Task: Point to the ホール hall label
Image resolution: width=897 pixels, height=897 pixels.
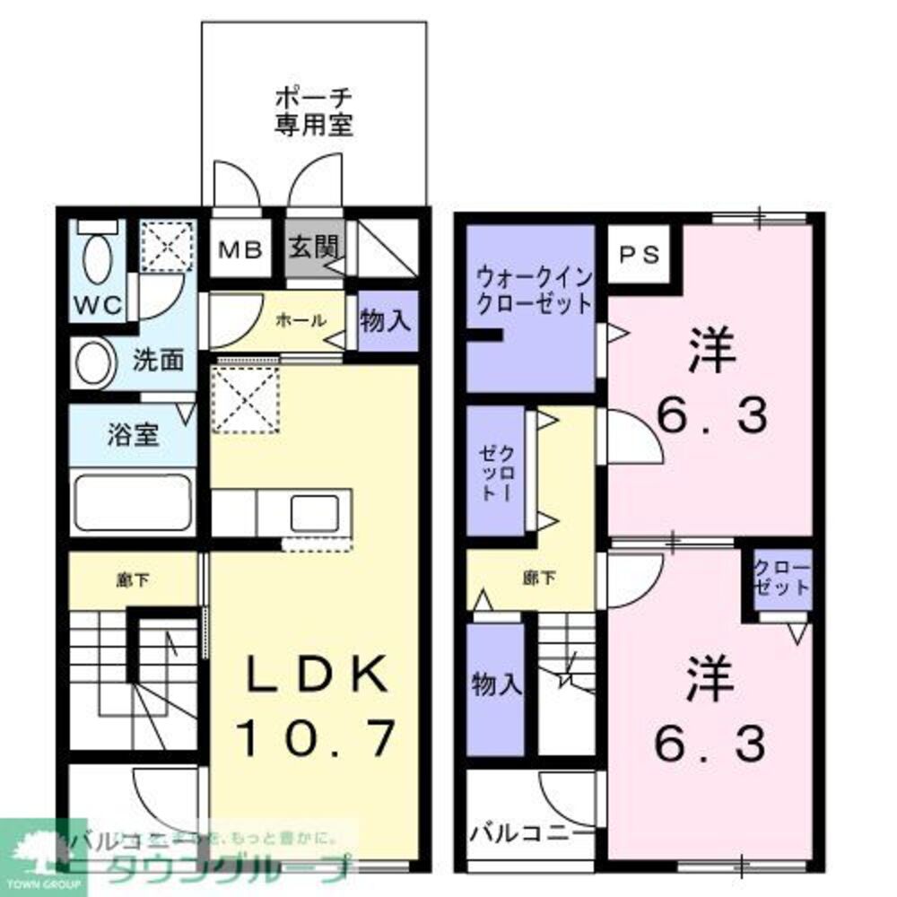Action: (294, 320)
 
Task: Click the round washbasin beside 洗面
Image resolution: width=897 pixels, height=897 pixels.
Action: (91, 362)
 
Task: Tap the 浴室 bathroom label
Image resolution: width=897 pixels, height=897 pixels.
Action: (134, 436)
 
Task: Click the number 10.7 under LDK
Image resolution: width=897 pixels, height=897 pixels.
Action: (315, 739)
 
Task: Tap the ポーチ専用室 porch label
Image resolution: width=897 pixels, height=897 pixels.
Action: (313, 109)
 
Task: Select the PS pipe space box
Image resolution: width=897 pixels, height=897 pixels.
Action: (640, 254)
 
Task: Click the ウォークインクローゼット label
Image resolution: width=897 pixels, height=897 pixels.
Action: (534, 289)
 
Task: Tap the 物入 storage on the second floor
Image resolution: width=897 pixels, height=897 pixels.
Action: (496, 686)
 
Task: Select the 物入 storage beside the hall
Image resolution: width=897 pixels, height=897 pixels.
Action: (386, 321)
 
